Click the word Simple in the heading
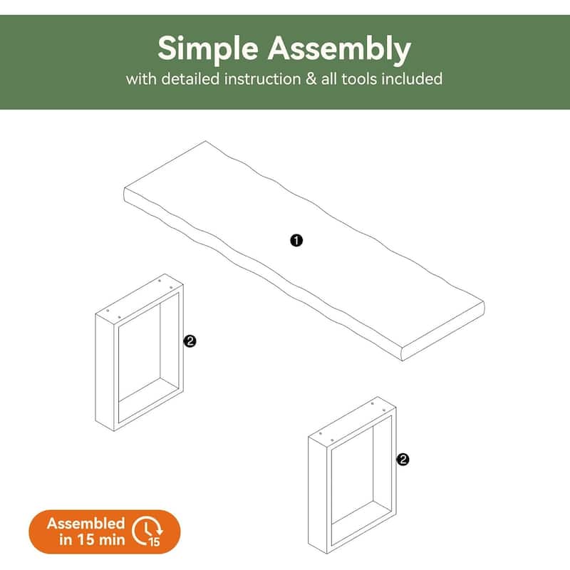click(208, 48)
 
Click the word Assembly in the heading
click(339, 48)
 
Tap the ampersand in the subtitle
click(311, 79)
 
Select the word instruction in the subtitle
click(262, 79)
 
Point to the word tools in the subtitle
click(359, 79)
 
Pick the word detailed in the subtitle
click(190, 79)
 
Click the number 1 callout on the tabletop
click(296, 240)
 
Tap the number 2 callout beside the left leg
click(190, 341)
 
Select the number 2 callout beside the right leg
click(403, 460)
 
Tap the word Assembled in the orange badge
click(85, 524)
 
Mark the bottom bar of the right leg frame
click(362, 530)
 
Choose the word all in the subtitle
click(329, 79)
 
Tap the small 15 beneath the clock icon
click(154, 541)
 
